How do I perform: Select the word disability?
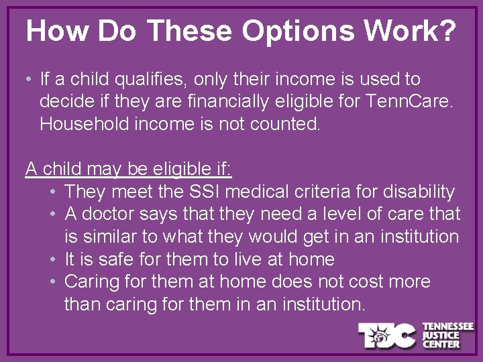(x=418, y=192)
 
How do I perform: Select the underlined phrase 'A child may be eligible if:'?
(x=128, y=170)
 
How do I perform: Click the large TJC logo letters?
(x=387, y=335)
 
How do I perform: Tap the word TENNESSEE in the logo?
(x=447, y=326)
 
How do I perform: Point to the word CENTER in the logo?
(x=441, y=344)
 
